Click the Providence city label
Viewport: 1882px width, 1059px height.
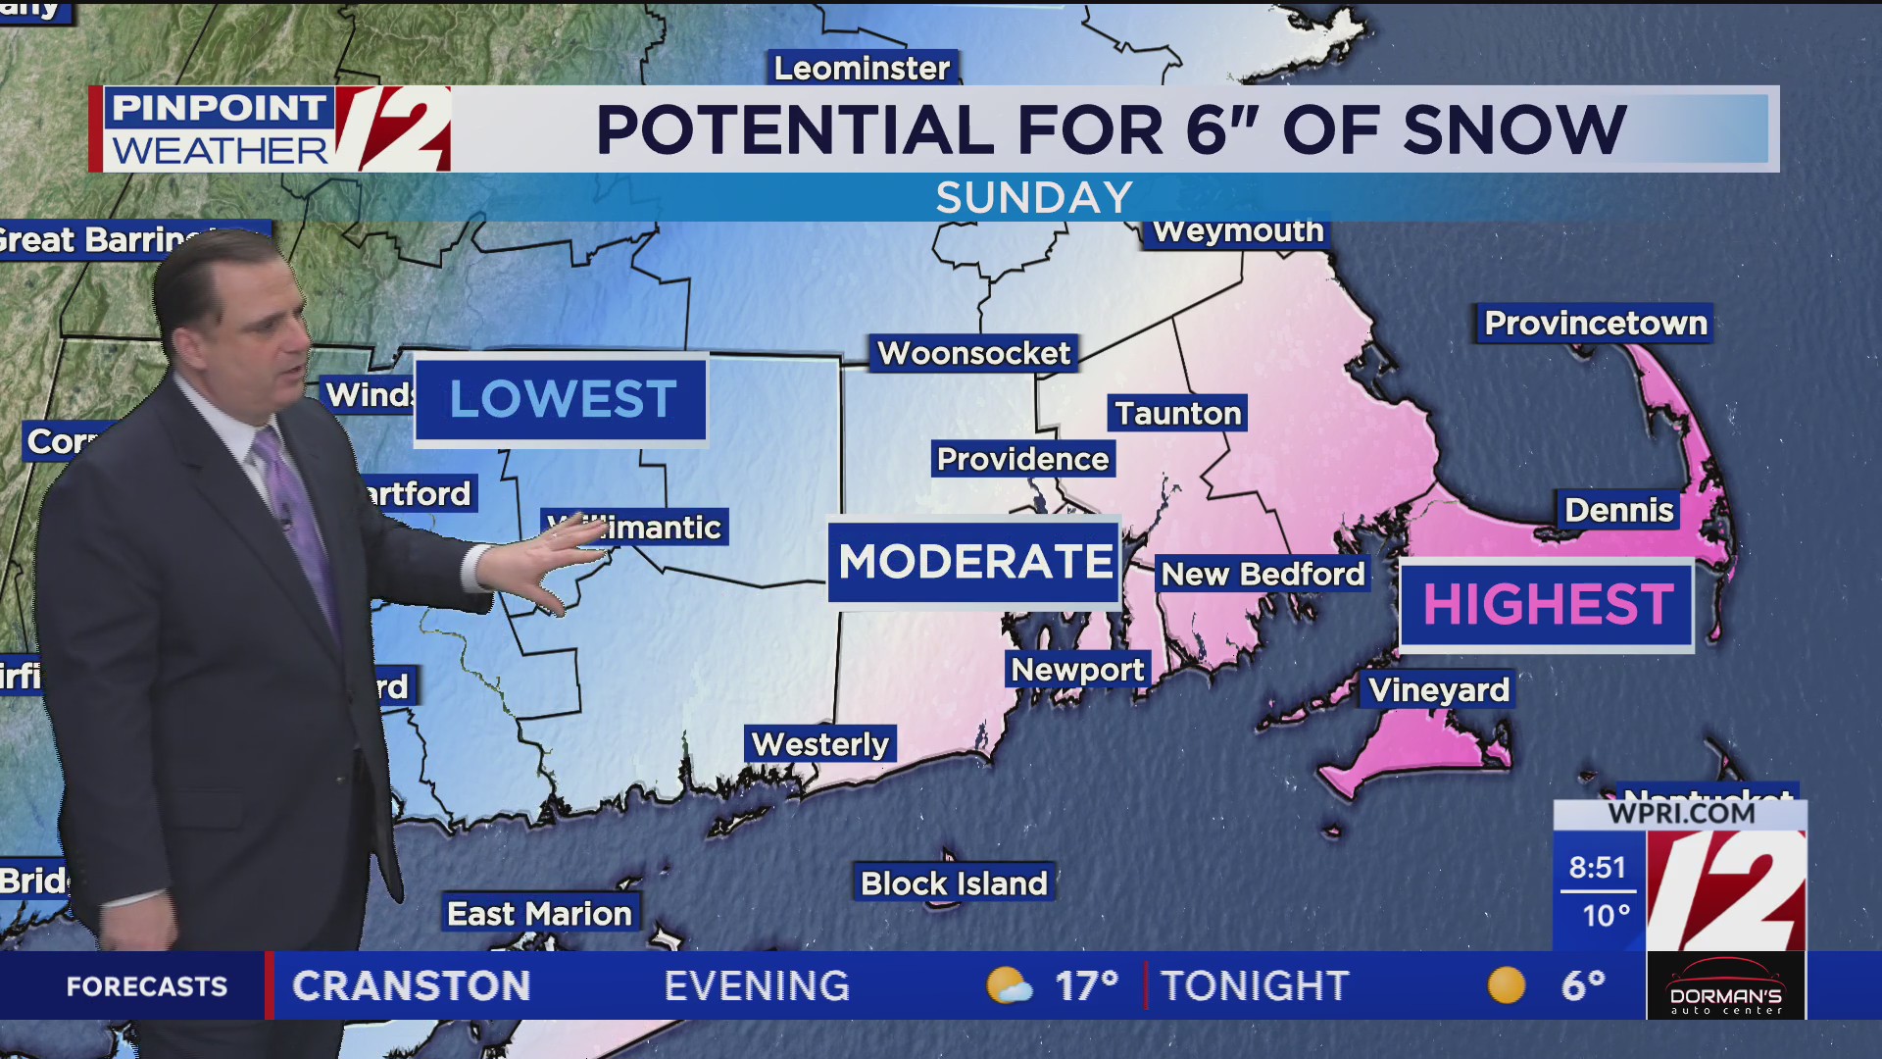pos(1022,459)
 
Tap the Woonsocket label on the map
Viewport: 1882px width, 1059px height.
pos(973,353)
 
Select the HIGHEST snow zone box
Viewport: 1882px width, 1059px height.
pos(1547,604)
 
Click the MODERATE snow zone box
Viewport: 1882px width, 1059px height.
pos(974,562)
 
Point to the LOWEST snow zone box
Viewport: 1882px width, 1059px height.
pos(561,399)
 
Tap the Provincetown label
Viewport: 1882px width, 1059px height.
pos(1595,324)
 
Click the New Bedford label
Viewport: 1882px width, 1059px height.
pos(1263,574)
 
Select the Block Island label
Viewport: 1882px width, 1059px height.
pos(954,883)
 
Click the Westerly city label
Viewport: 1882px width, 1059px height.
pos(820,744)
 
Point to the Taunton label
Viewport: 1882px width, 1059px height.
pos(1177,414)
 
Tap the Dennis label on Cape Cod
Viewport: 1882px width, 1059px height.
pos(1618,510)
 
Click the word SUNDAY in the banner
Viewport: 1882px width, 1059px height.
pos(1034,198)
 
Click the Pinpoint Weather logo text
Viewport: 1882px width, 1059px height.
pos(220,129)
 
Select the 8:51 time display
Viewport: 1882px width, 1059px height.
pos(1597,868)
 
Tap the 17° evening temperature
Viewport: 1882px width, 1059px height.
pos(1086,986)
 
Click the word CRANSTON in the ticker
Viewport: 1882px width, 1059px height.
pos(412,986)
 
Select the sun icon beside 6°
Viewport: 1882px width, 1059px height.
pos(1507,985)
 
